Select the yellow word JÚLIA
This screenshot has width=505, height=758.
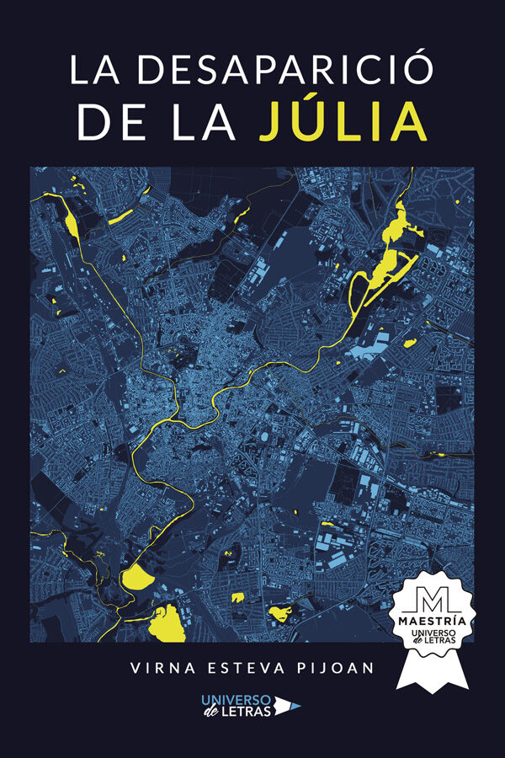click(343, 122)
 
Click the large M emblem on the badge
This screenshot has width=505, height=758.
click(433, 600)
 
